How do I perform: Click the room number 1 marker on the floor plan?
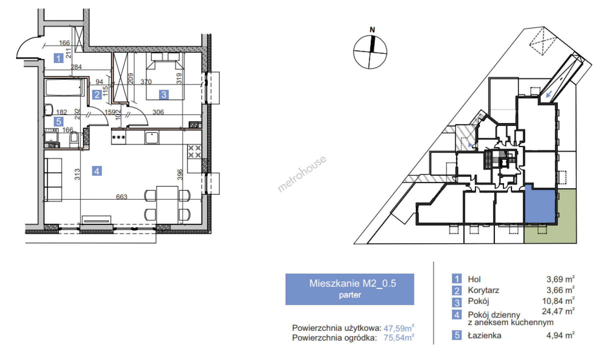[x=59, y=58]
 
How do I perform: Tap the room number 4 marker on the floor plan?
[x=97, y=171]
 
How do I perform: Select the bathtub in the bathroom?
[x=64, y=87]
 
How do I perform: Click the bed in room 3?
[x=165, y=76]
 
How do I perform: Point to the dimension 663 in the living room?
[x=122, y=197]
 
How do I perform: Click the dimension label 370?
[x=146, y=82]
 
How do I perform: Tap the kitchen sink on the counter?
[x=152, y=137]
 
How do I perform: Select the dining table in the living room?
[x=167, y=205]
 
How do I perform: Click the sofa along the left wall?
[x=53, y=180]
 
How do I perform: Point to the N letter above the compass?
[x=372, y=30]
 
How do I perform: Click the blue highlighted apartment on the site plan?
[x=540, y=205]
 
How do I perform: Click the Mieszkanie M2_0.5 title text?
[x=353, y=283]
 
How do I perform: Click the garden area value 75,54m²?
[x=399, y=337]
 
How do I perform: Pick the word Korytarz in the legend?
[x=483, y=290]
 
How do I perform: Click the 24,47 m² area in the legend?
[x=558, y=311]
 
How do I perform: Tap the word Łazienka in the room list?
[x=484, y=335]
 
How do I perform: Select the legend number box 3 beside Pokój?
[x=457, y=302]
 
